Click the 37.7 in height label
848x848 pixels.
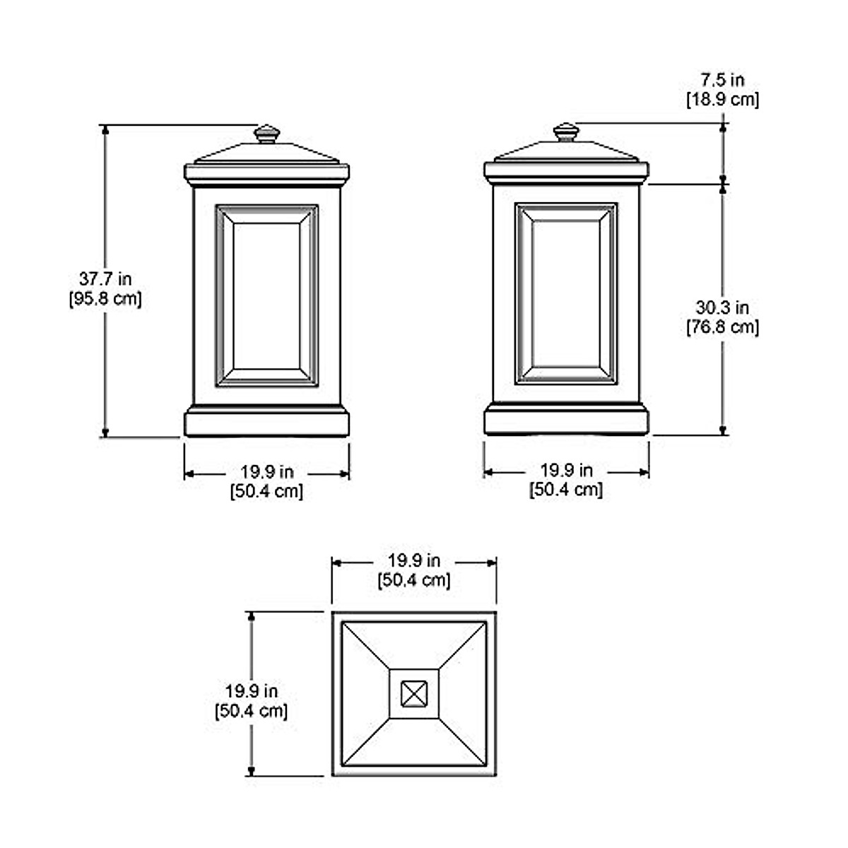coord(105,279)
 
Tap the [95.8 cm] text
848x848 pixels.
coord(105,299)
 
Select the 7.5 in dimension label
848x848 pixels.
coord(723,80)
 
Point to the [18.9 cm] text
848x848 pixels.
coord(723,100)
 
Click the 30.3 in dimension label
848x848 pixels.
coord(722,307)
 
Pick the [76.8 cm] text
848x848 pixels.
coord(723,327)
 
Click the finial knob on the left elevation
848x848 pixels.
coord(267,134)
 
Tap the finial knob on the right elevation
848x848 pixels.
coord(566,132)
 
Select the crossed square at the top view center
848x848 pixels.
coord(414,694)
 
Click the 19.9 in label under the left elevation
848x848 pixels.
coord(267,472)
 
